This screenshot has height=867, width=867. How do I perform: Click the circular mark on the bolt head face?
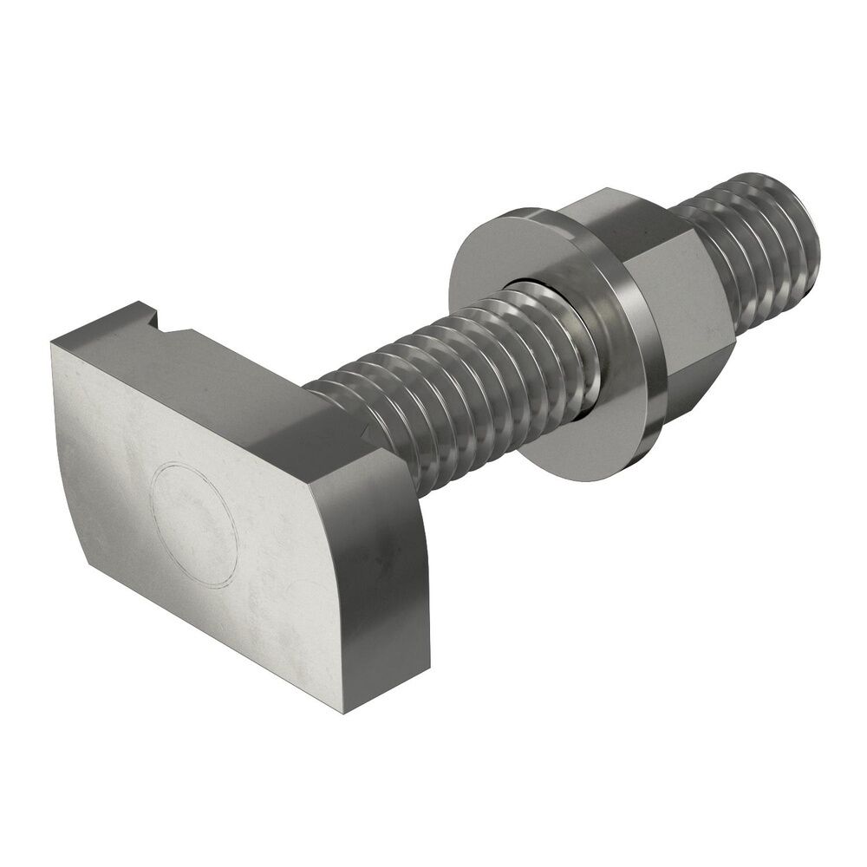coord(194,521)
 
